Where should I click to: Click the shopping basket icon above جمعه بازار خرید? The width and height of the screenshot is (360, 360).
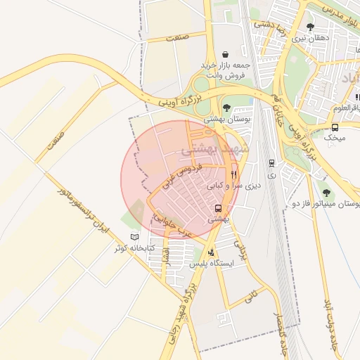(224, 54)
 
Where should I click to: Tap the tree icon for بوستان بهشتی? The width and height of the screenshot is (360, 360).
(226, 108)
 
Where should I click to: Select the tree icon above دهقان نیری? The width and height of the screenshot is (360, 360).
(310, 27)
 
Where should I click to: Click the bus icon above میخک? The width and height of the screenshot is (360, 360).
(335, 127)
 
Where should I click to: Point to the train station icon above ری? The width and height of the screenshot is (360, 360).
(272, 162)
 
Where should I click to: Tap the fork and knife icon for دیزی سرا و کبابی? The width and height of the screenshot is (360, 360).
(233, 174)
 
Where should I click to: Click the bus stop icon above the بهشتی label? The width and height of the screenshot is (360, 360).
(219, 208)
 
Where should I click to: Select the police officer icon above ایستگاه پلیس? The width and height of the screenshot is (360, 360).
(212, 252)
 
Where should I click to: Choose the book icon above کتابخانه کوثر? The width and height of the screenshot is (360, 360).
(135, 237)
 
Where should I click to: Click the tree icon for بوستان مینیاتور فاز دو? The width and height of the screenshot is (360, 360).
(325, 192)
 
